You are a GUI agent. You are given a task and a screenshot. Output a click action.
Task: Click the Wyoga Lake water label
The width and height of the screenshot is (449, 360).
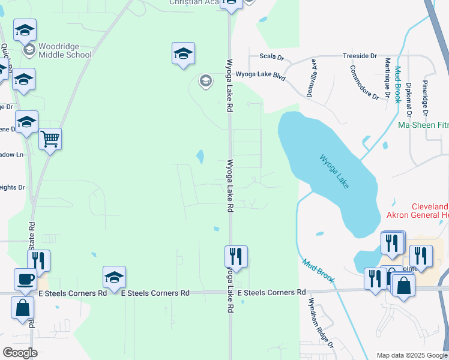coord(334,172)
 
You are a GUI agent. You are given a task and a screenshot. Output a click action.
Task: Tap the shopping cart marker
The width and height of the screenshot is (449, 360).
coord(50,139)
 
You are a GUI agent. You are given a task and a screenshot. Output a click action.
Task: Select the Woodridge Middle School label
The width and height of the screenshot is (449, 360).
coord(65,50)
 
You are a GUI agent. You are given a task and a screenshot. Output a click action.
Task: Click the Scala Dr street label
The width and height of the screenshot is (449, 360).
coord(271,56)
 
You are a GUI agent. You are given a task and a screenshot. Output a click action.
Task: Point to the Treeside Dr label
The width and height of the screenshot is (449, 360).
coord(360,56)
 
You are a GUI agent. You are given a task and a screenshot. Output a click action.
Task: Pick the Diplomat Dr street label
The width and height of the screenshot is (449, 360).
coord(409,99)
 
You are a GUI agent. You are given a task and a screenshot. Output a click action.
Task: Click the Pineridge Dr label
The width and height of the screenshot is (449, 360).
coord(425,97)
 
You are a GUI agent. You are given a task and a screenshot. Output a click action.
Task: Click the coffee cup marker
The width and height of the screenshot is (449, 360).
coord(25,279)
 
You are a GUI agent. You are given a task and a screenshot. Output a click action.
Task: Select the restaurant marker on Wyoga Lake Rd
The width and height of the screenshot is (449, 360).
coord(237,257)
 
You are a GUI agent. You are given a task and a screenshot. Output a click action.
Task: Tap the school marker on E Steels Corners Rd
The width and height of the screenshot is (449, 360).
coord(114,277)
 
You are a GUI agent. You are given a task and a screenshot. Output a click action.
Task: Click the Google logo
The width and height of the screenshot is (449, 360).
coord(20,353)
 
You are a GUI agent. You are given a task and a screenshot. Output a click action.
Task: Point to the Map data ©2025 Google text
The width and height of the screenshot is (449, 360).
coord(411,355)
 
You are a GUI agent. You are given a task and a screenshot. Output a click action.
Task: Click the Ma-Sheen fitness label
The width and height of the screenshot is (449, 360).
coord(423,125)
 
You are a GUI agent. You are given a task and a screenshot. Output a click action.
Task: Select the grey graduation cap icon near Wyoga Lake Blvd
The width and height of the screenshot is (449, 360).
coord(206,81)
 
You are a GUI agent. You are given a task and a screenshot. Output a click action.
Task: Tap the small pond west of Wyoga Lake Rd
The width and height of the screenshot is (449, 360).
coord(199,157)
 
